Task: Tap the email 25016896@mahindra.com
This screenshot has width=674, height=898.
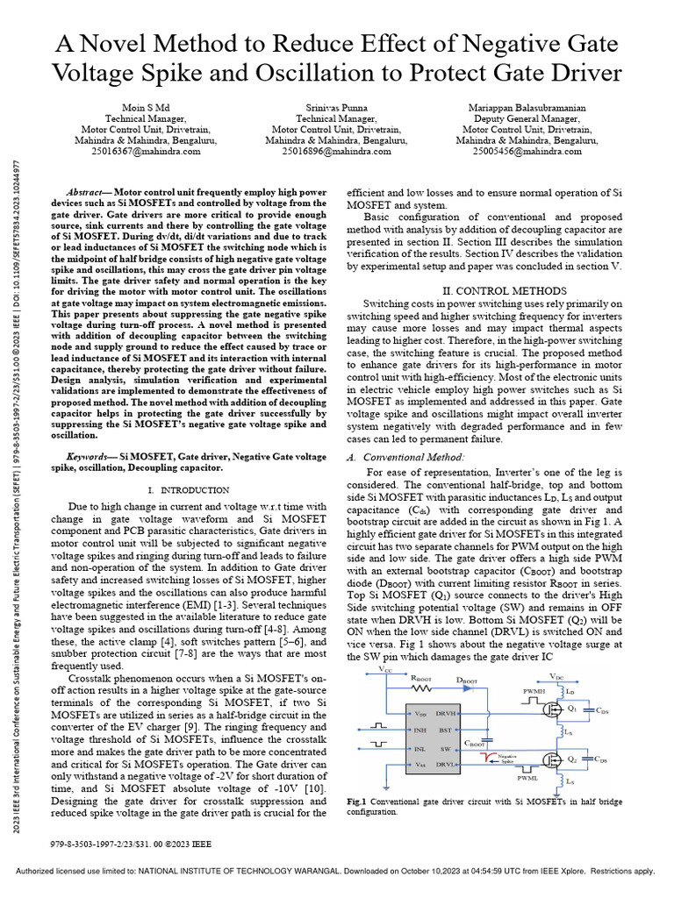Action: (x=336, y=151)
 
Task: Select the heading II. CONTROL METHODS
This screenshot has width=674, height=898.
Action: (x=503, y=291)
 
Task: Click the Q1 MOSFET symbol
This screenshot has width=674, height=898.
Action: (x=554, y=706)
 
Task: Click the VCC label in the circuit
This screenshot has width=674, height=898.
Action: (x=386, y=669)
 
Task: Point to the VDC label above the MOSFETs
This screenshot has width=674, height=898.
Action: (x=556, y=676)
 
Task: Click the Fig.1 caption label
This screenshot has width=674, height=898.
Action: (x=356, y=802)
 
